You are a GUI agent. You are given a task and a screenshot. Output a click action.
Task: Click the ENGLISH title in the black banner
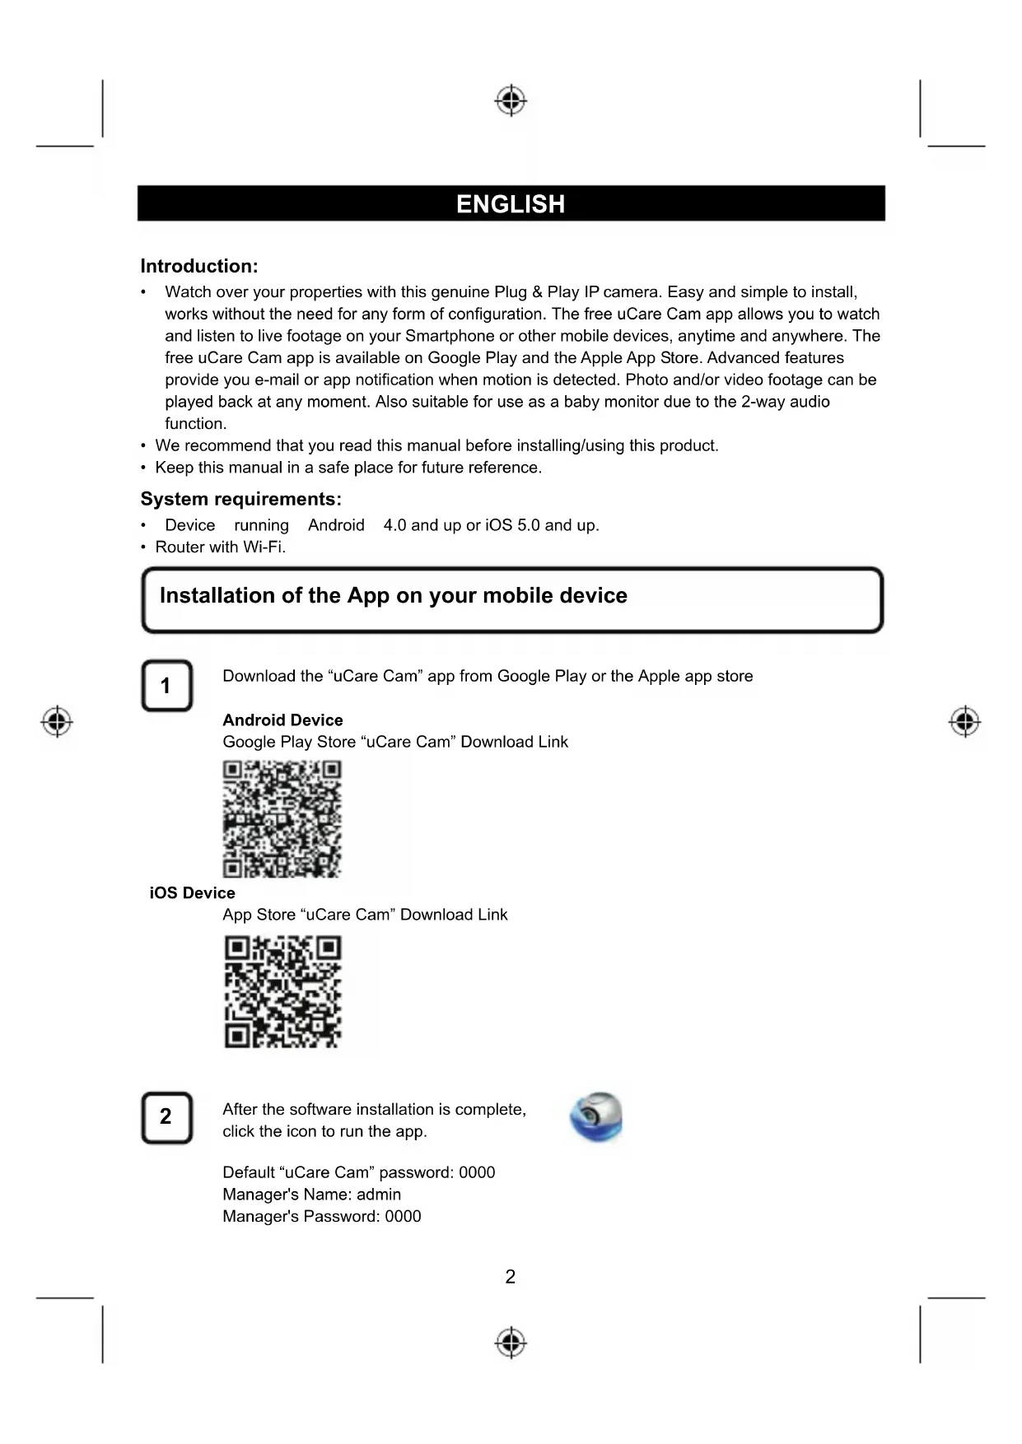coord(511,204)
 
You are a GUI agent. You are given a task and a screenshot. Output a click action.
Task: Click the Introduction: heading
coord(199,266)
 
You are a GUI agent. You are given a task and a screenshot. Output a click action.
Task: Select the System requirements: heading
coord(240,499)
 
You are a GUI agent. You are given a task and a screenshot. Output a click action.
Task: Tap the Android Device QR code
coord(282,818)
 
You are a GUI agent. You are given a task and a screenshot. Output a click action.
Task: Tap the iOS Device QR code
coord(282,991)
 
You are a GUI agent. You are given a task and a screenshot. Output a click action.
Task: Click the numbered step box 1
coord(166,685)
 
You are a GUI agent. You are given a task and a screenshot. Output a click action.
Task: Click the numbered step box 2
coord(166,1117)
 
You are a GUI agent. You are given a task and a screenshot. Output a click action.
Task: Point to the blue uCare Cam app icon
coord(596,1117)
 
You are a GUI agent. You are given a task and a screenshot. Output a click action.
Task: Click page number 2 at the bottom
coord(511,1276)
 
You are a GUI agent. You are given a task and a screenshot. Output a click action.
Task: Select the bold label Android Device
coord(282,720)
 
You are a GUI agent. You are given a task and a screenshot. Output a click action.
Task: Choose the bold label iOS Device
coord(192,892)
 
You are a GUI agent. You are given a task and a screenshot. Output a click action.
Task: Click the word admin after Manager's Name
coord(379,1195)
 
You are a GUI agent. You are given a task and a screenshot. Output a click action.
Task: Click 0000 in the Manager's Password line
coord(403,1216)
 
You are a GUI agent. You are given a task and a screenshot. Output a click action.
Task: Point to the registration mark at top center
coord(511,100)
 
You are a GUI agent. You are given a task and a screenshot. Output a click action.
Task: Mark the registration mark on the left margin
coord(57,722)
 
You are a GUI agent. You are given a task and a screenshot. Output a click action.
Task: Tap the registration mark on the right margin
coord(964,722)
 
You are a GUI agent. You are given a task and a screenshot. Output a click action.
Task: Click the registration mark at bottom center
coord(511,1342)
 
